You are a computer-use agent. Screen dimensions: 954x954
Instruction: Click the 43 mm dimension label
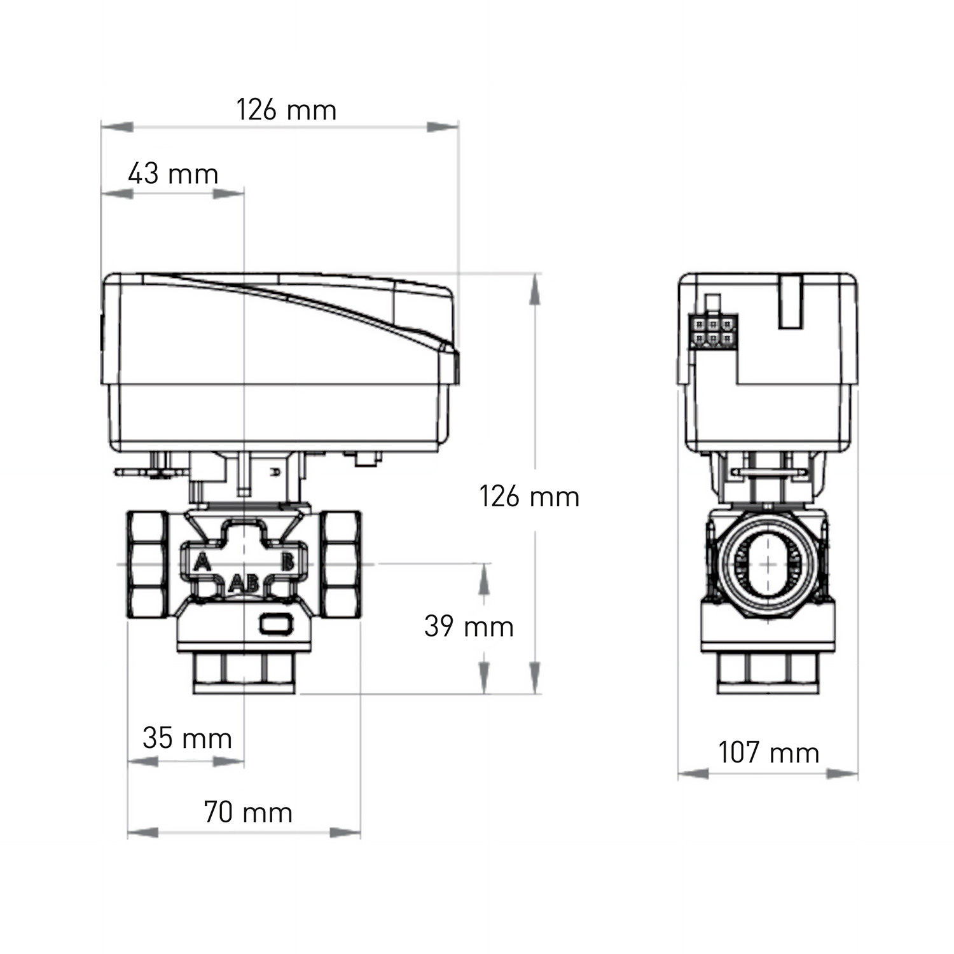click(173, 174)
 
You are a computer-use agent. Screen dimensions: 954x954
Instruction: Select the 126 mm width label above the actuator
click(286, 110)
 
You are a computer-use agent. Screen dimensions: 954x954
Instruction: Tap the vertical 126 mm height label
click(529, 497)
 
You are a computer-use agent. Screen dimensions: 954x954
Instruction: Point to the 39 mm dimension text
click(469, 626)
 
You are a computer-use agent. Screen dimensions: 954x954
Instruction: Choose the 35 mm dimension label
click(187, 738)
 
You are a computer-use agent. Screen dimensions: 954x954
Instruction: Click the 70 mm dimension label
click(248, 812)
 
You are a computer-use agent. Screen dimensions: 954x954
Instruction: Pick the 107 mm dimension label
click(768, 752)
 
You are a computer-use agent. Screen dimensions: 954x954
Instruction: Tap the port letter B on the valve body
click(287, 562)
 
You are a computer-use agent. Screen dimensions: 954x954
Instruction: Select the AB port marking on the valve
click(244, 583)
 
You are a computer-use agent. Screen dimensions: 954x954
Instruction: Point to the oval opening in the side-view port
click(768, 565)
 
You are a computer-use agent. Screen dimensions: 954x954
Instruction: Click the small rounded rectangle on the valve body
click(276, 623)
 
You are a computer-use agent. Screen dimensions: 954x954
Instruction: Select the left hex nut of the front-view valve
click(148, 564)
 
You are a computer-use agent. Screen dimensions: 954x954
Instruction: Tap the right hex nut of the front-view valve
click(340, 564)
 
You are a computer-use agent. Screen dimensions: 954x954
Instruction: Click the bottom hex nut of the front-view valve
click(244, 673)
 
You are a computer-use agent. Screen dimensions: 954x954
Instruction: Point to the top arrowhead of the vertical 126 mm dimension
click(536, 290)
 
